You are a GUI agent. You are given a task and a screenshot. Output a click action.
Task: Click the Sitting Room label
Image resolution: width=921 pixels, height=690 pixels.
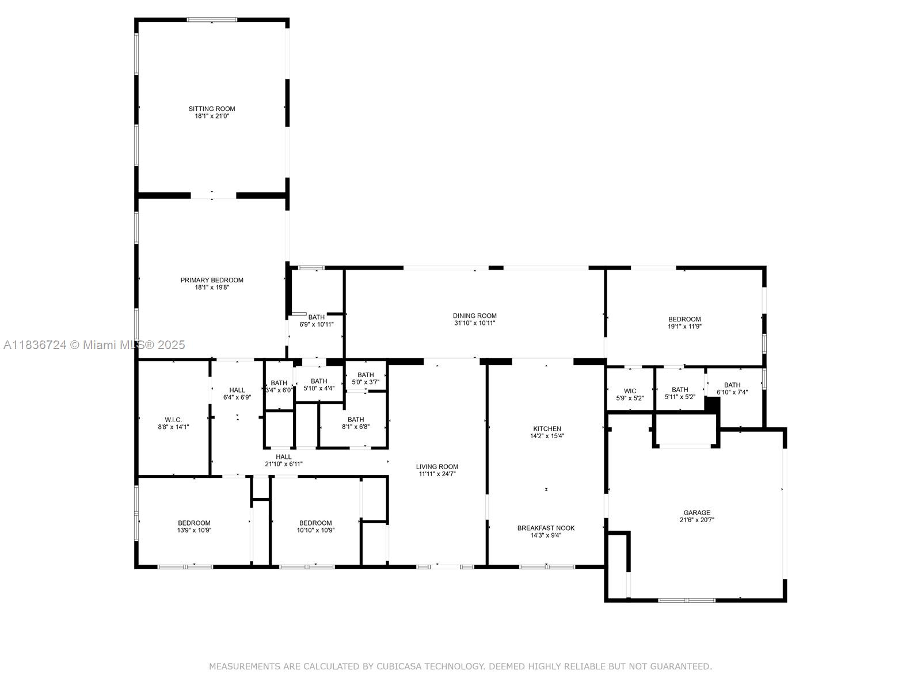pos(212,109)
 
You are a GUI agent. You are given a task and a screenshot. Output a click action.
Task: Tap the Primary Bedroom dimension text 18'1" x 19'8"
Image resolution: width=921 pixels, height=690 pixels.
pos(212,287)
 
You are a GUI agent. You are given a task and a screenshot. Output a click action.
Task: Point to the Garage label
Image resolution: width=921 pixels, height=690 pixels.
pos(697,512)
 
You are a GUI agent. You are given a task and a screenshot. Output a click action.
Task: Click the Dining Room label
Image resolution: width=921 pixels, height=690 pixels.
pos(474,316)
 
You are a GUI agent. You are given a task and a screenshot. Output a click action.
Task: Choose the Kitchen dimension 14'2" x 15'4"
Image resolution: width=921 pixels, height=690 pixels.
pos(547,436)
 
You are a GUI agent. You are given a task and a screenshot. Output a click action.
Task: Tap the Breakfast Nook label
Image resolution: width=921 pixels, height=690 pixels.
pos(546,528)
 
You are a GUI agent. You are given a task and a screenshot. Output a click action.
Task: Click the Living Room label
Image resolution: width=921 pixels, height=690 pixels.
pos(437,467)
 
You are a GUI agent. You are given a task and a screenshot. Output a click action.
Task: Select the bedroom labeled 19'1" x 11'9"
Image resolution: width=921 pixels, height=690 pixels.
pos(684,323)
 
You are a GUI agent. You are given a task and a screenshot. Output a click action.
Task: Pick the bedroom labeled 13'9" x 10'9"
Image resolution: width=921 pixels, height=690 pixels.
pos(194,527)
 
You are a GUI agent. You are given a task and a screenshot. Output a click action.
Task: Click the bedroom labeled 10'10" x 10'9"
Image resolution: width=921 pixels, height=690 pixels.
pos(315,527)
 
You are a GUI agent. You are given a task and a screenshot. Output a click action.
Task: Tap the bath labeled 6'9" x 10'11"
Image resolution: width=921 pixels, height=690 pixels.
pos(317,321)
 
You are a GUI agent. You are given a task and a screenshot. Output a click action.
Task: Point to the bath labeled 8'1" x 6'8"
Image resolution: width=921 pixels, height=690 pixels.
pos(356,423)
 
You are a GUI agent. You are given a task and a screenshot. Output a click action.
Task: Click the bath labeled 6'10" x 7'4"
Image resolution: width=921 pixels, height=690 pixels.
pos(732,389)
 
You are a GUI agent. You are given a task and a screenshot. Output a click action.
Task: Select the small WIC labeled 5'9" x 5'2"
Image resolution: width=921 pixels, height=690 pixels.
pos(630,394)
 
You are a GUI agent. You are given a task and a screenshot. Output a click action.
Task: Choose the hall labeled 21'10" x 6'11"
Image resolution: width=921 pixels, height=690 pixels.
pos(283,460)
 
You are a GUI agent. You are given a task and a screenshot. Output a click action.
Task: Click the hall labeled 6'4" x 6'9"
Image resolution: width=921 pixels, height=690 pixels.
pos(237,393)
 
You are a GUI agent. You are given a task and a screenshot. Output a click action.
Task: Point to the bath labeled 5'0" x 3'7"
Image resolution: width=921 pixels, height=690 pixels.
pos(366,378)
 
